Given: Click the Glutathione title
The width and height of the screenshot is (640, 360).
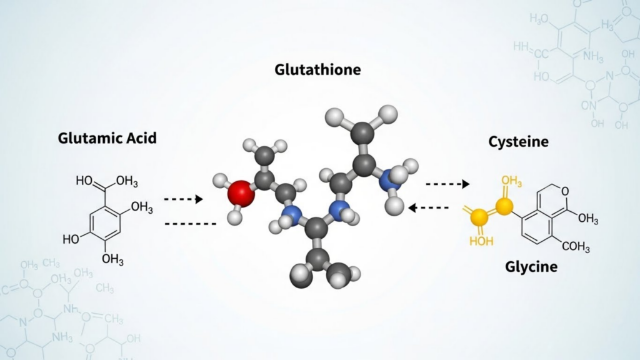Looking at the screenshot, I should click(317, 69).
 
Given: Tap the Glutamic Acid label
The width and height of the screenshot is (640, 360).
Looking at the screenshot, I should click(107, 138).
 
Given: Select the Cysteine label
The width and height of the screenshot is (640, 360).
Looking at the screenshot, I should click(518, 142).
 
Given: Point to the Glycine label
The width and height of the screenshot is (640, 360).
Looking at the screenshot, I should click(531, 267).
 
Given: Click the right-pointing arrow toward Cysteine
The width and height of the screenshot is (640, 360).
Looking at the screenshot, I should click(447, 184).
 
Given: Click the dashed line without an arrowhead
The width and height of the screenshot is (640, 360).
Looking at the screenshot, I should click(189, 222).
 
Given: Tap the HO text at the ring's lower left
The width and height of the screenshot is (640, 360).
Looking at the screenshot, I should click(71, 239).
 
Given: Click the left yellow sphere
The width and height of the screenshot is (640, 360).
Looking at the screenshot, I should click(479, 217).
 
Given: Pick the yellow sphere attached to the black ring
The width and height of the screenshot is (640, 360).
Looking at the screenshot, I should click(504, 206).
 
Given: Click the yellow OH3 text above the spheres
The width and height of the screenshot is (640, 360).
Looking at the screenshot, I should click(511, 181).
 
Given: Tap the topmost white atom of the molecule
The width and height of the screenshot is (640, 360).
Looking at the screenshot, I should click(389, 113).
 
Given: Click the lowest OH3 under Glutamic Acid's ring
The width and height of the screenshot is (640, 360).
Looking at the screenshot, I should click(112, 259).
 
